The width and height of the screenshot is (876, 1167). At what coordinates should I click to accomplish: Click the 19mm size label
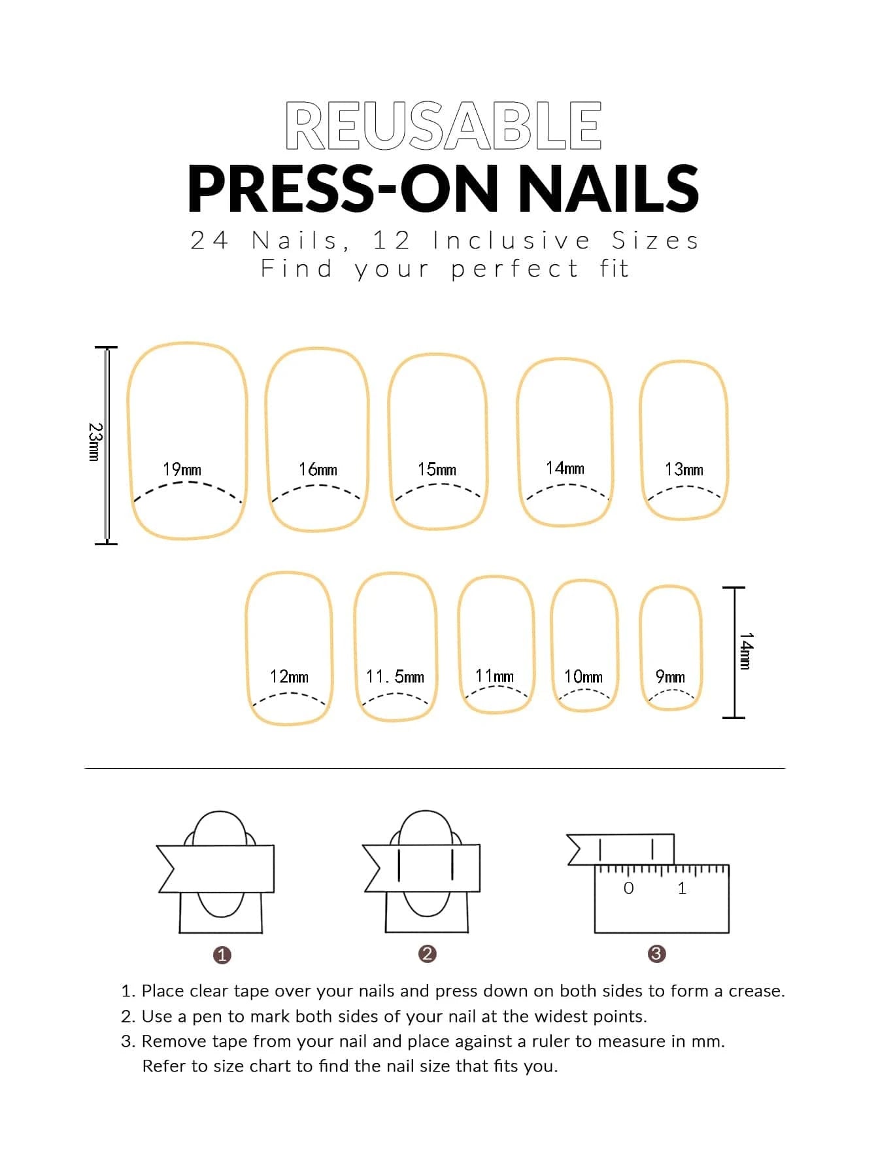coord(182,469)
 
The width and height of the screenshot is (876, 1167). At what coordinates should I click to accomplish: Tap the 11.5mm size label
coord(395,677)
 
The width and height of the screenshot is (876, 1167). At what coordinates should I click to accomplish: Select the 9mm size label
coord(670,677)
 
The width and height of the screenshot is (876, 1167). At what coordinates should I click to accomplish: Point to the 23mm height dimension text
coord(95,442)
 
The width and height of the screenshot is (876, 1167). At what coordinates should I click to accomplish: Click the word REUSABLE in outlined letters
coord(443,126)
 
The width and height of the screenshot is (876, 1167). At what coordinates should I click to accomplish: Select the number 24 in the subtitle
coord(209,241)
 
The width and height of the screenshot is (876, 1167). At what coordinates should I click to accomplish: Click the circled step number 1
coord(222,955)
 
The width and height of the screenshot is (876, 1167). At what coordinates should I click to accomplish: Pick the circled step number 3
coord(656,954)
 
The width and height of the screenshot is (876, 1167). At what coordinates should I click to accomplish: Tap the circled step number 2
coord(427,954)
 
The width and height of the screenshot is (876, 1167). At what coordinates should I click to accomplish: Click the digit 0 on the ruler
coord(628,888)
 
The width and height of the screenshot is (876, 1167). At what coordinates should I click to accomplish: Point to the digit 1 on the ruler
coord(682,888)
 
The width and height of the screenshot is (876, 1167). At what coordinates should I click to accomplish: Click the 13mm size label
coord(684,469)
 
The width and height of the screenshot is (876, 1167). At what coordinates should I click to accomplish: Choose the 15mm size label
coord(437,469)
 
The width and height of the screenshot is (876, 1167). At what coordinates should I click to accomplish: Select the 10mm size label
coord(583,677)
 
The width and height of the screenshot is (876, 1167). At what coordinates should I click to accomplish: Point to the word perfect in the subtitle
coord(514,269)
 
